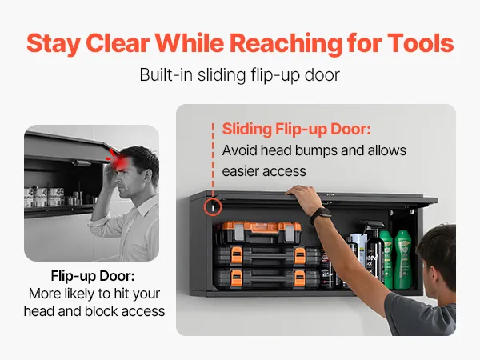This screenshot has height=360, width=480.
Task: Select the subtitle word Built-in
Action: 162,75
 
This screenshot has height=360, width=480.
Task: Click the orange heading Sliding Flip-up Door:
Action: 296,129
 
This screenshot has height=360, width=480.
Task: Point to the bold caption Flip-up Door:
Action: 93,276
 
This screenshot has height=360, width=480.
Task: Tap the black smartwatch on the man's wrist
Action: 320,214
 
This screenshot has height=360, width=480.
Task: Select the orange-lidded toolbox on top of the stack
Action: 258,232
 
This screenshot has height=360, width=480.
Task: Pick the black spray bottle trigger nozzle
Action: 372,225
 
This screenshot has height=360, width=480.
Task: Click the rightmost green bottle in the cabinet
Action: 403,259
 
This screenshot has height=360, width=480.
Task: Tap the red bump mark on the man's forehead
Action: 118,159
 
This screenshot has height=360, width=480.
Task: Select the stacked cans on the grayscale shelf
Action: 44,197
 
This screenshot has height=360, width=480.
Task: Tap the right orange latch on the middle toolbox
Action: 300,256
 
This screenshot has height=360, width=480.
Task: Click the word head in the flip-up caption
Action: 39,311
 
